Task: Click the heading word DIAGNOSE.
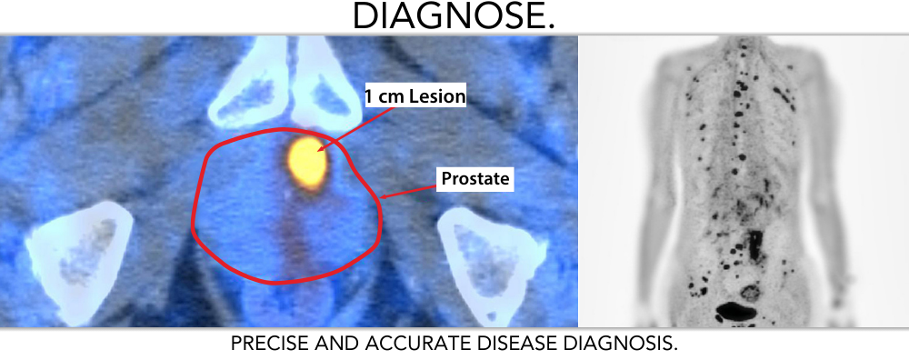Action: click(x=453, y=16)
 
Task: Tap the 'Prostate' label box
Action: click(x=476, y=179)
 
